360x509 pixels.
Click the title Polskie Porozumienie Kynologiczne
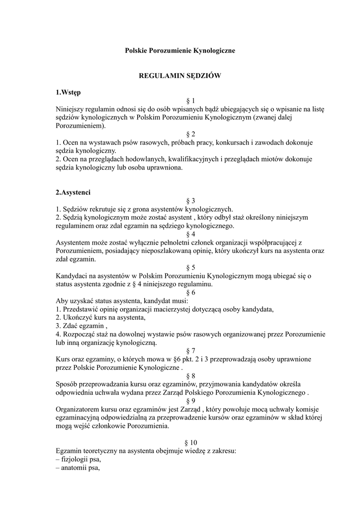pyautogui.click(x=180, y=50)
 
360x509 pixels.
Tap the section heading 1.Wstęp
pyautogui.click(x=69, y=92)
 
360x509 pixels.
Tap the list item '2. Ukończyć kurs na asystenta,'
pyautogui.click(x=100, y=317)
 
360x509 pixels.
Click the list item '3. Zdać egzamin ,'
pyautogui.click(x=82, y=326)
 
